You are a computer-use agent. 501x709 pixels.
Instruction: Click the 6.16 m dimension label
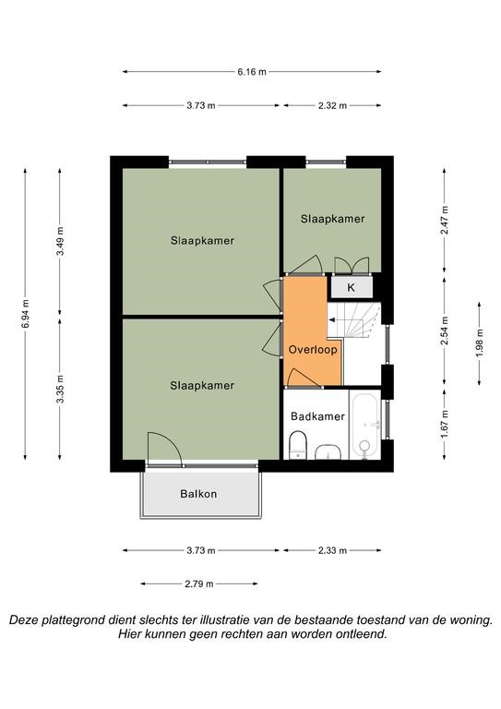(252, 71)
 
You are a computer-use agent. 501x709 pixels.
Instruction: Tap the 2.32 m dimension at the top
(332, 106)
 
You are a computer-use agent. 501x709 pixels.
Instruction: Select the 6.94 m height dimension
(25, 314)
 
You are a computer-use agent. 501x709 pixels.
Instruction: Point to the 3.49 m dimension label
(60, 241)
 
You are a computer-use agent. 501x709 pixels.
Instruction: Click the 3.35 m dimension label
(60, 389)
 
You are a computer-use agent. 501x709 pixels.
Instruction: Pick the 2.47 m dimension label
(445, 221)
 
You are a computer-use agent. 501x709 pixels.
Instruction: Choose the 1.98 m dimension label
(479, 342)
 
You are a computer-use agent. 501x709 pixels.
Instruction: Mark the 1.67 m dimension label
(445, 424)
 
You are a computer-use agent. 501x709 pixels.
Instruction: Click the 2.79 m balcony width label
(198, 583)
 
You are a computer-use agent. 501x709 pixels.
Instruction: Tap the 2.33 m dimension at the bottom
(332, 550)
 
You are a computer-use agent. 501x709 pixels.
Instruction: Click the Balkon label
(198, 494)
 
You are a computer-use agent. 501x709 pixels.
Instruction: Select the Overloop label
(313, 350)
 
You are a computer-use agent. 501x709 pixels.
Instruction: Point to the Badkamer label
(317, 416)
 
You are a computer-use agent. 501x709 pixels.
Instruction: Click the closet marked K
(352, 287)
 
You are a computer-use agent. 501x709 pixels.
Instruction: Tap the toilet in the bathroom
(297, 444)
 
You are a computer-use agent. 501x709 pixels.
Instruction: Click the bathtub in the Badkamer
(365, 426)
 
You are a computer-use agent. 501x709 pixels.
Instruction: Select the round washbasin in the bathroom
(328, 451)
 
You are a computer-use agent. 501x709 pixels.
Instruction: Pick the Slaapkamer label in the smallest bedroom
(332, 219)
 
